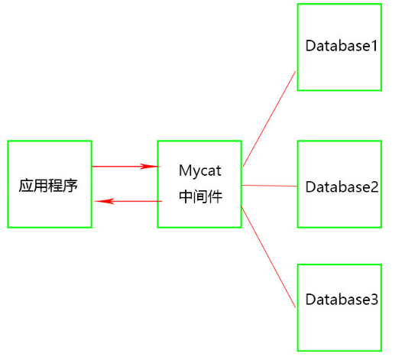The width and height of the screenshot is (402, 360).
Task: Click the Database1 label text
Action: (x=342, y=45)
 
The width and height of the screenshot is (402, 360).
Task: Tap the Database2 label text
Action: (x=342, y=186)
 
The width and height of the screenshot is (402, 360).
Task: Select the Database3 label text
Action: (x=342, y=299)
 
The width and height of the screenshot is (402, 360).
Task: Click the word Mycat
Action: (x=199, y=170)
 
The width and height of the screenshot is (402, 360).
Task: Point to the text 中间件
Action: (x=200, y=196)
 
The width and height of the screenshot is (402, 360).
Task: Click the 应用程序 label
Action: (x=48, y=186)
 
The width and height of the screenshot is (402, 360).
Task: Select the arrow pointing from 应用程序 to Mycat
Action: (x=122, y=166)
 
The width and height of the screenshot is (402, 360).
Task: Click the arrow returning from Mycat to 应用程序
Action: (x=130, y=201)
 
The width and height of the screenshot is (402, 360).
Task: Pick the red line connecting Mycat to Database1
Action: (x=269, y=118)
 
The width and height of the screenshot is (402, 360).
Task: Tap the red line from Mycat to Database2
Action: (x=269, y=185)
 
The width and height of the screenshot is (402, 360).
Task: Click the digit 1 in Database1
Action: (x=374, y=45)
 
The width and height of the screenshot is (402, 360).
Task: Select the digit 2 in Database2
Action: (x=374, y=186)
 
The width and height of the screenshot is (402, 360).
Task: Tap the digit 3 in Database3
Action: (x=374, y=299)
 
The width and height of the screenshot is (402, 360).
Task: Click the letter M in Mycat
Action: (x=184, y=170)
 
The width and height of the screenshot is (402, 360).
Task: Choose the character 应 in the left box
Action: (x=26, y=186)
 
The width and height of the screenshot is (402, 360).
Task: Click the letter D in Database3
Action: (x=310, y=299)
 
